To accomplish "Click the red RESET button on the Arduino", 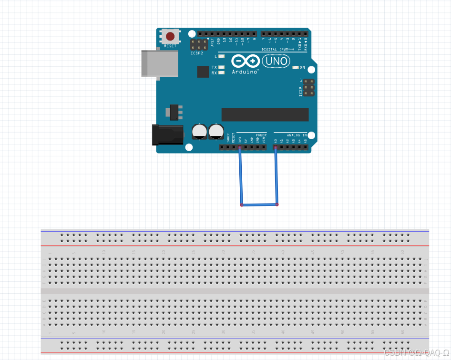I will (170, 36).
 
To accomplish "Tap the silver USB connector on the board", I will (159, 63).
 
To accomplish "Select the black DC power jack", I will (167, 134).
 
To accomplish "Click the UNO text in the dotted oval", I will (276, 61).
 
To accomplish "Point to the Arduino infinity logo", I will (246, 61).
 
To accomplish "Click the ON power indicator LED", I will (296, 68).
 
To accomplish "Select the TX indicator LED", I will (221, 68).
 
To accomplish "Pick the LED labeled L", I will (221, 57).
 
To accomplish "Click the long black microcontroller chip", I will (265, 114).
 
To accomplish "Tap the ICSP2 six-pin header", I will (196, 44).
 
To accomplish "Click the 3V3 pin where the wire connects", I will (240, 147).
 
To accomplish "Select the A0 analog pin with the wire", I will (276, 147).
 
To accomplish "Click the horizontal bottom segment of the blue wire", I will (259, 205).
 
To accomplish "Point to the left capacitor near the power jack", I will (199, 132).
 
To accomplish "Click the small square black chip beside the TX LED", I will (203, 72).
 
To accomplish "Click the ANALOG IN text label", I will (297, 135).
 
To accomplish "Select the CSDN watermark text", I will (416, 352).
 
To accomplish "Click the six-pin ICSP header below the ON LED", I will (309, 88).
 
